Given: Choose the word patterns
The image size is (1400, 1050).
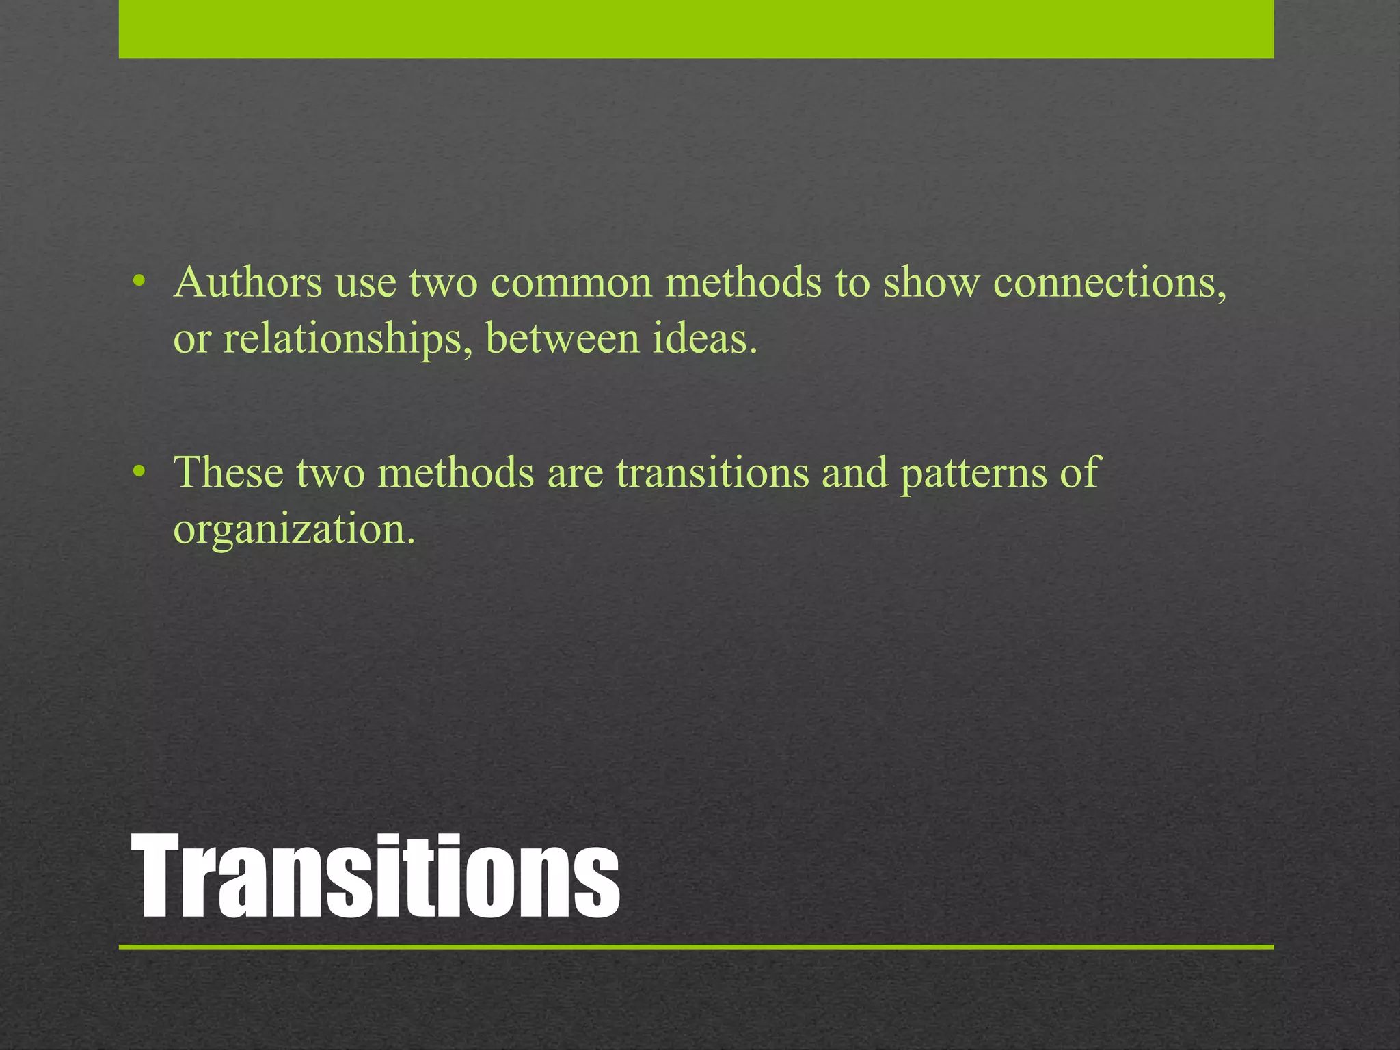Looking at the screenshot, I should pos(973,473).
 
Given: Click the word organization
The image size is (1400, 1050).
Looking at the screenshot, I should pos(294,529).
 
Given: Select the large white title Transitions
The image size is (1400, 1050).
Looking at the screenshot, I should pos(376,876).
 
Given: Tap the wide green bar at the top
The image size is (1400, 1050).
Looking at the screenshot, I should pos(696,29).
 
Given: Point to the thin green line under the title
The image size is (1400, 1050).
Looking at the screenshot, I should pos(696,947).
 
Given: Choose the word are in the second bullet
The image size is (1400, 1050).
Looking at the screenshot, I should pos(575,473).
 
